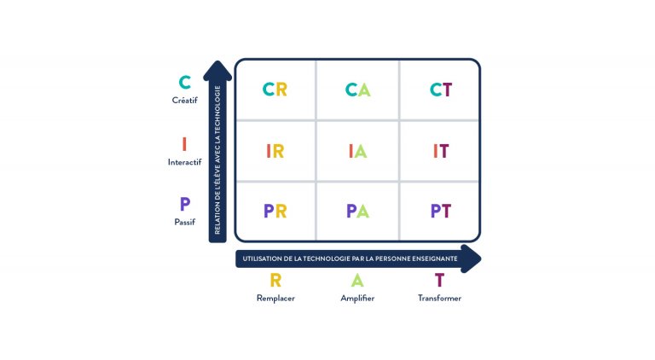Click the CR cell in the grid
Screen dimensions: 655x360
275,90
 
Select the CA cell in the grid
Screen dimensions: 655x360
357,90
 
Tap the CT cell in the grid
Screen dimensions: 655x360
440,90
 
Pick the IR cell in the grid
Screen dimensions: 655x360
275,151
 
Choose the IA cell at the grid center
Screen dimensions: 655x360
357,151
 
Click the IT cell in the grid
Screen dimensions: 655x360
440,151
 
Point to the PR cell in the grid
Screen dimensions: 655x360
275,211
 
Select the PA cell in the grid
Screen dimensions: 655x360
357,211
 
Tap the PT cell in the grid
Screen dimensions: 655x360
440,211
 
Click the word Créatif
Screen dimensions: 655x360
184,100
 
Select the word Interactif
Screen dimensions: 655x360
184,162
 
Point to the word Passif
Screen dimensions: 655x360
184,222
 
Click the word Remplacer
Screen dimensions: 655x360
275,299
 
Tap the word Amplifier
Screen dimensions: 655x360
357,299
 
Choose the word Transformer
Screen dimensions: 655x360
439,299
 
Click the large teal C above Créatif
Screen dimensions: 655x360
184,82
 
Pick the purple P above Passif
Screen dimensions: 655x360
184,204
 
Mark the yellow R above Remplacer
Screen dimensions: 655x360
275,280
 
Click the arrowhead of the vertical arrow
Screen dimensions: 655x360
217,70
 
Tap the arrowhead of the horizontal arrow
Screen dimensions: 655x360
471,259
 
